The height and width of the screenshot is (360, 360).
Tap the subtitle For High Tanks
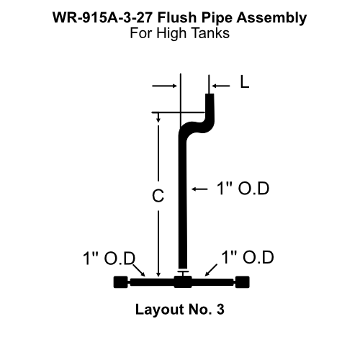179,33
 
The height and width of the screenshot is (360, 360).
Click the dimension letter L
245,83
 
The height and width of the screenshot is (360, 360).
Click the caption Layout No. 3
179,311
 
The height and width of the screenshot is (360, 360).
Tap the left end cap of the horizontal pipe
121,282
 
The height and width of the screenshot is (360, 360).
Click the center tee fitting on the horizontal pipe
183,281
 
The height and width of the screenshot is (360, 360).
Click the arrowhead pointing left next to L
218,84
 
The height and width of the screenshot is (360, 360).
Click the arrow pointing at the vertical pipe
195,189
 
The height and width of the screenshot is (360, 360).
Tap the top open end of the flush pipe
211,94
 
